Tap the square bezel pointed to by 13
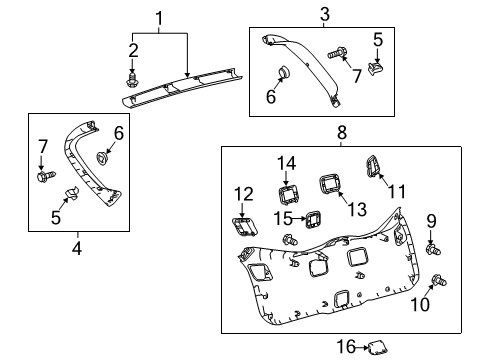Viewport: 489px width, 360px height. (330, 184)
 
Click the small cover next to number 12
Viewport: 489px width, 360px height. (243, 229)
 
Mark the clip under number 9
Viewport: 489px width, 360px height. (432, 268)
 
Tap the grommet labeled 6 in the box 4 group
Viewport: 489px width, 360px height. (103, 157)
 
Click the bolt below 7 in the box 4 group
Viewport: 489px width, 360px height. (43, 177)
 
